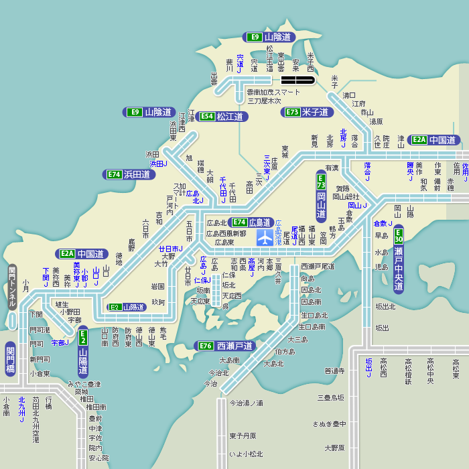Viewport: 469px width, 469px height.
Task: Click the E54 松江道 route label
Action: coord(222,117)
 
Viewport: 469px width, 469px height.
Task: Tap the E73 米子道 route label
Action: coord(308,112)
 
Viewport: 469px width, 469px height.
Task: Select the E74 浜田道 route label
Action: coord(129,174)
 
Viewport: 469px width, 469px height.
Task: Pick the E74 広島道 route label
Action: coord(251,222)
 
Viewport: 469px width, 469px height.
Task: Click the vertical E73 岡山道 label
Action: coord(321,196)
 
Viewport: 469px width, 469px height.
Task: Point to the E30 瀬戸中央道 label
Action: coord(399,262)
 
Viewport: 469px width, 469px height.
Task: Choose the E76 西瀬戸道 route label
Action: coord(226,346)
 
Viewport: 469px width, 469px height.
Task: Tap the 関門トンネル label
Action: coord(11,287)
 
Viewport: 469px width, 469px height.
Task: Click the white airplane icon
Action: coord(265,237)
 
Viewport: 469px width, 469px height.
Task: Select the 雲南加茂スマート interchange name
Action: coord(274,92)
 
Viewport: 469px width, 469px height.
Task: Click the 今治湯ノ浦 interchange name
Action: coord(247,403)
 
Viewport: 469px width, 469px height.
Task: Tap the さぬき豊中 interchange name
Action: coord(329,423)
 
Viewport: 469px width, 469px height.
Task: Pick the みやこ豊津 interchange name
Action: coord(84,384)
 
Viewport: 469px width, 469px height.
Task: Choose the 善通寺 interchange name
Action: coord(334,371)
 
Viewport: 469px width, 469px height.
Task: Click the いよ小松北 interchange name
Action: coord(247,454)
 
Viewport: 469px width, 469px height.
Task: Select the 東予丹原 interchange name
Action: coord(243,435)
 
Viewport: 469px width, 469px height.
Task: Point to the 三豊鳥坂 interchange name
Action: coord(331,397)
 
